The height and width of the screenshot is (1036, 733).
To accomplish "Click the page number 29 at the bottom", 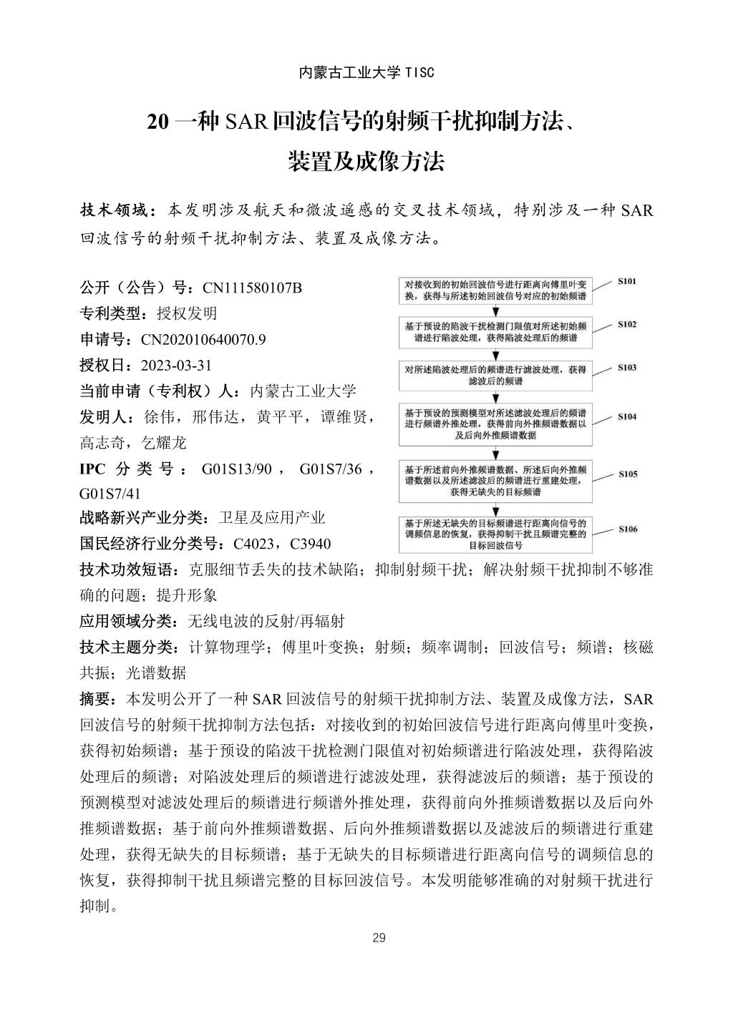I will [x=379, y=938].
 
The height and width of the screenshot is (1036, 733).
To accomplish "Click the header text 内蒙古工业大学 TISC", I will [x=366, y=72].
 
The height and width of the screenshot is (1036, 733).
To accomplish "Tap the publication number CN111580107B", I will [x=252, y=288].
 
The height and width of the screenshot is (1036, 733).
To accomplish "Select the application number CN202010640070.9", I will [x=203, y=340].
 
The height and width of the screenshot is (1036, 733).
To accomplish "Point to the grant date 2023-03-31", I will [x=176, y=366].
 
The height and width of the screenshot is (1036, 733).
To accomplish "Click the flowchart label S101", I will [x=627, y=282].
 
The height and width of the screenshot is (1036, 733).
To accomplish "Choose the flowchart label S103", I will [x=627, y=368].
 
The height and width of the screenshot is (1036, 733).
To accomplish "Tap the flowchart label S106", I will [x=627, y=529].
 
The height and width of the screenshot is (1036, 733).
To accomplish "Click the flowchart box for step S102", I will [x=495, y=331].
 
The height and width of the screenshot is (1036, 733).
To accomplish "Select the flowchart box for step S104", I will [x=495, y=424].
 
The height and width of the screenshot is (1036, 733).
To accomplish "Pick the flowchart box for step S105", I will [x=495, y=481].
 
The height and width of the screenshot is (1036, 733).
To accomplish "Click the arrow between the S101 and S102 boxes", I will [x=495, y=311].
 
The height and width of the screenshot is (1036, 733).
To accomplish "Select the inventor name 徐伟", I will [x=158, y=417].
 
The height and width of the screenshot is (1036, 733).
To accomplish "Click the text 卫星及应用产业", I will [x=271, y=518].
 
